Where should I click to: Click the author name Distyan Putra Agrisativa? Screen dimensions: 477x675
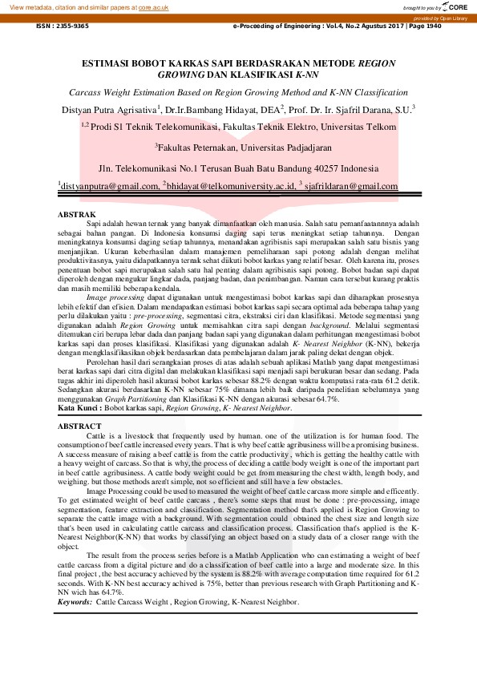109,108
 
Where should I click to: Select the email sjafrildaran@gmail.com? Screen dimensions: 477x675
352,187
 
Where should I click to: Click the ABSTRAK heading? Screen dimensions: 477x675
79,214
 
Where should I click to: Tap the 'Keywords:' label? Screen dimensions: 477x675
75,601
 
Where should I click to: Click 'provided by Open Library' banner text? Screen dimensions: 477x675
440,18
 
